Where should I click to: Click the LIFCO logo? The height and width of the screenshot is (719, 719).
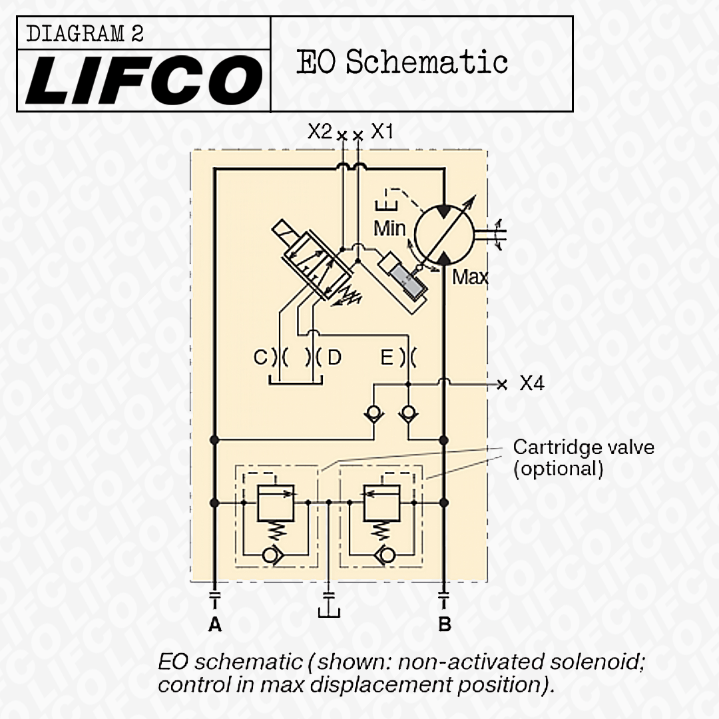(x=144, y=80)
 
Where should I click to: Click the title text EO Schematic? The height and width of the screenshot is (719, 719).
(x=401, y=62)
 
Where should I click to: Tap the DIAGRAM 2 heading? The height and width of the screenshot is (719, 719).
(x=85, y=34)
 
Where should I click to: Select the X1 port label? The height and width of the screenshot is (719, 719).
(x=382, y=132)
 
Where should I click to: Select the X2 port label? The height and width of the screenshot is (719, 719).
(x=320, y=132)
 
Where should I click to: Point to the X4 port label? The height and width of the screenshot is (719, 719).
(x=532, y=383)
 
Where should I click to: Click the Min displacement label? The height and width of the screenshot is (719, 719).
(x=389, y=228)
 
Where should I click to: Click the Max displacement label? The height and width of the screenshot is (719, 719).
(x=470, y=277)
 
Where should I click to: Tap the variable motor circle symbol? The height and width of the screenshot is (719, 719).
(x=444, y=234)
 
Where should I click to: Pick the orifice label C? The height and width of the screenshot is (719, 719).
(x=260, y=358)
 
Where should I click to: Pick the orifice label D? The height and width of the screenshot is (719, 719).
(x=335, y=358)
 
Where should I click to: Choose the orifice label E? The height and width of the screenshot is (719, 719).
(x=387, y=358)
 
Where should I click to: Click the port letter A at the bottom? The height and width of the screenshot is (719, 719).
(x=214, y=624)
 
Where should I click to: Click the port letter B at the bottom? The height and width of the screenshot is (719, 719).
(x=444, y=624)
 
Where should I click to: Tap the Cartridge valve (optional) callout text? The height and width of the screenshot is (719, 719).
(x=583, y=457)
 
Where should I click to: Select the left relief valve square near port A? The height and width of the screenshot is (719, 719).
(x=276, y=503)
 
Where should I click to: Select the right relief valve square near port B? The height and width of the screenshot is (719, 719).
(x=381, y=503)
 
